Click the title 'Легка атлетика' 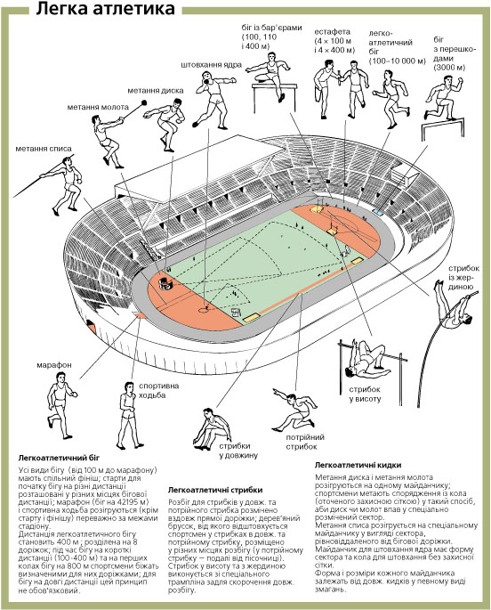(x=105, y=9)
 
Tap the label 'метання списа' (x=44, y=149)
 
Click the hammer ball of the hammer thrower (x=144, y=102)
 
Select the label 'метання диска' (x=156, y=91)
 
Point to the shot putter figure (x=213, y=99)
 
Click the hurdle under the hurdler (x=273, y=95)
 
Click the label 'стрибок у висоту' (x=365, y=394)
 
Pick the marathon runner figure (x=60, y=405)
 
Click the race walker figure (x=129, y=415)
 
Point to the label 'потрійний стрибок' (x=304, y=442)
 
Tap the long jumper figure (x=212, y=429)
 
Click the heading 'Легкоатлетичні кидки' (x=358, y=465)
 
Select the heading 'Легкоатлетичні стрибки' (x=215, y=490)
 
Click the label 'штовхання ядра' (x=212, y=65)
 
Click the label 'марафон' (x=54, y=365)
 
